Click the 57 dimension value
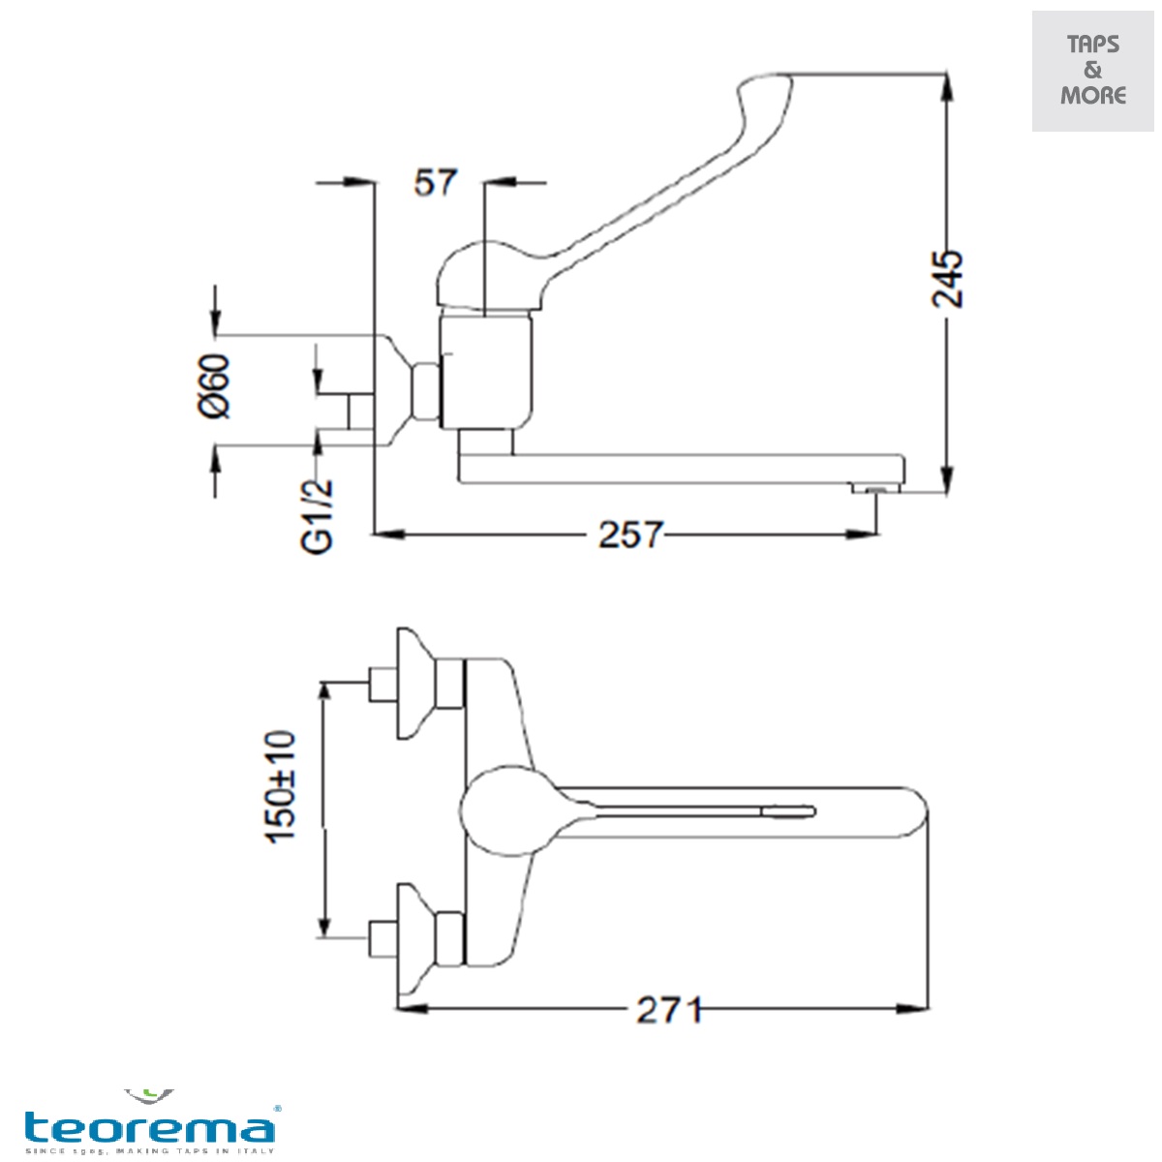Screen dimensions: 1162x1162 [435, 182]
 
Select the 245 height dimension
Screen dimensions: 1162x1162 [948, 279]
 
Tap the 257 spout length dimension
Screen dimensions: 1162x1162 [630, 535]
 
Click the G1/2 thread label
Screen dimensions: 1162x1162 [319, 517]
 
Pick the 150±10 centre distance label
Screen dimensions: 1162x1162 [282, 786]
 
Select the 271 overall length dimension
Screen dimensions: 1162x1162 [668, 1010]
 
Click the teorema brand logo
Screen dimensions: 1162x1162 [150, 1125]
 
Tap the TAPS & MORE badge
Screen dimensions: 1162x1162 [1093, 71]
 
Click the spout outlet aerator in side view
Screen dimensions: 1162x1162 [875, 490]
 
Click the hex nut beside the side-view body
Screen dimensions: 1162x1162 [426, 392]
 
